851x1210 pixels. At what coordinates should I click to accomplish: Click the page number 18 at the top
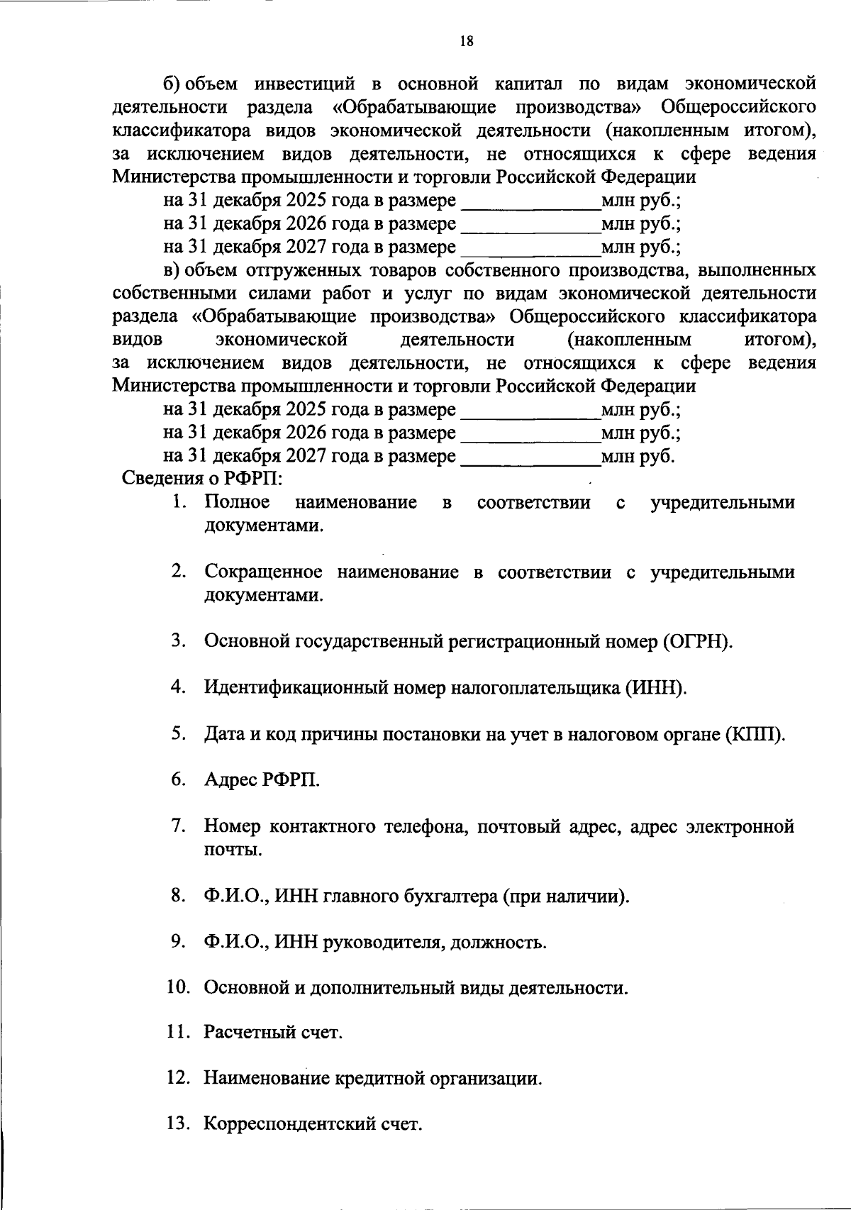pos(466,41)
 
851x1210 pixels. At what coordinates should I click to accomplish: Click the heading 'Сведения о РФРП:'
pos(203,477)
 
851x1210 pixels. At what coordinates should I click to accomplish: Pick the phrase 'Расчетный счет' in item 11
pos(273,1033)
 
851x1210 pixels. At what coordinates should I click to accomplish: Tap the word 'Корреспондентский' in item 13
pos(287,1124)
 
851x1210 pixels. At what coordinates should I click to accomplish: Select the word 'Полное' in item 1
pos(237,502)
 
